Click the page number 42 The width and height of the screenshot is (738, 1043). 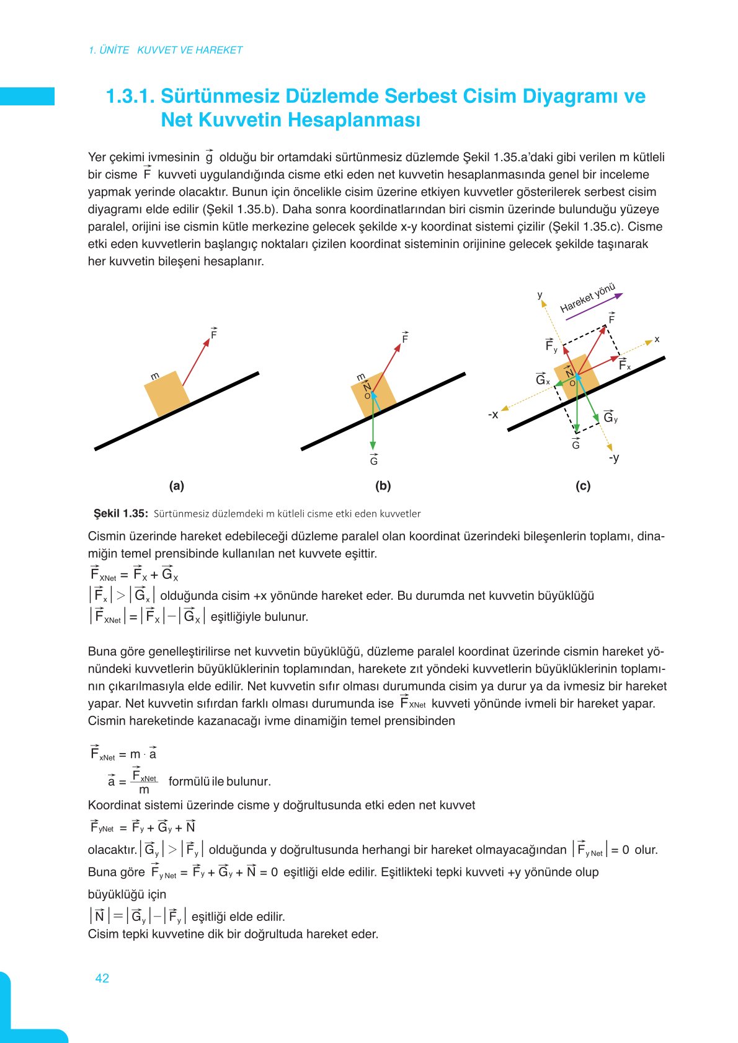pos(102,978)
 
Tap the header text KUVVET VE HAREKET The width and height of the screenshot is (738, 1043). pos(190,50)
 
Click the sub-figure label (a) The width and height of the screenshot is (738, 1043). pos(177,486)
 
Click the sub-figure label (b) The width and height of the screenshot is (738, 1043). pos(383,486)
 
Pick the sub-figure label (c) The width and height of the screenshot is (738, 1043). pos(583,486)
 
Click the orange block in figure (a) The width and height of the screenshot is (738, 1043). pos(166,394)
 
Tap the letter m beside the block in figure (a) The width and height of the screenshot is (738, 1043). pos(155,376)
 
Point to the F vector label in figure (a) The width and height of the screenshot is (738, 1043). pos(214,334)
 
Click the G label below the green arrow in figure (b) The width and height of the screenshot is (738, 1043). pos(373,460)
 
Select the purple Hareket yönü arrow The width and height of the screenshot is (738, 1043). pos(594,306)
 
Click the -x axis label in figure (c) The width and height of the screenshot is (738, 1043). pos(493,414)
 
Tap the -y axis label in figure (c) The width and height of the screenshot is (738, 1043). pos(614,457)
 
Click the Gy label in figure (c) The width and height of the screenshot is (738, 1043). pos(610,417)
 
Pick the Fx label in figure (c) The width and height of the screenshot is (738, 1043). pos(625,365)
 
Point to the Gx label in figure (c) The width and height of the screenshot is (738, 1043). pos(543,379)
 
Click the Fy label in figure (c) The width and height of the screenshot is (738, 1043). pos(551,346)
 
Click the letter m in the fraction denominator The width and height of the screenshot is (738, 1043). pos(144,790)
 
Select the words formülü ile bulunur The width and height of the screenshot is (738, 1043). pos(220,781)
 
